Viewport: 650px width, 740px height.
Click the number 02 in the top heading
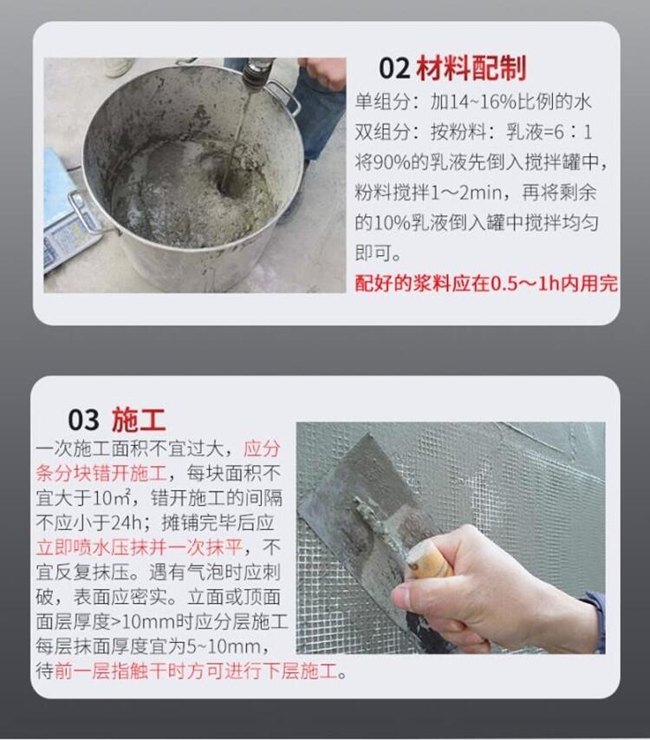(x=394, y=69)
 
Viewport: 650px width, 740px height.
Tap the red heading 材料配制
(x=471, y=68)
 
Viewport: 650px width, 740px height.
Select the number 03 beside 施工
(x=84, y=419)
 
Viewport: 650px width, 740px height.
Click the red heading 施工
(x=139, y=419)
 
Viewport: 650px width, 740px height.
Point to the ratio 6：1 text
(x=573, y=132)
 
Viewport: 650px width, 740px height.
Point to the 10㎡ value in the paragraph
(x=111, y=497)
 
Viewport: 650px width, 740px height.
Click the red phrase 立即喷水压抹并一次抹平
(x=140, y=547)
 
